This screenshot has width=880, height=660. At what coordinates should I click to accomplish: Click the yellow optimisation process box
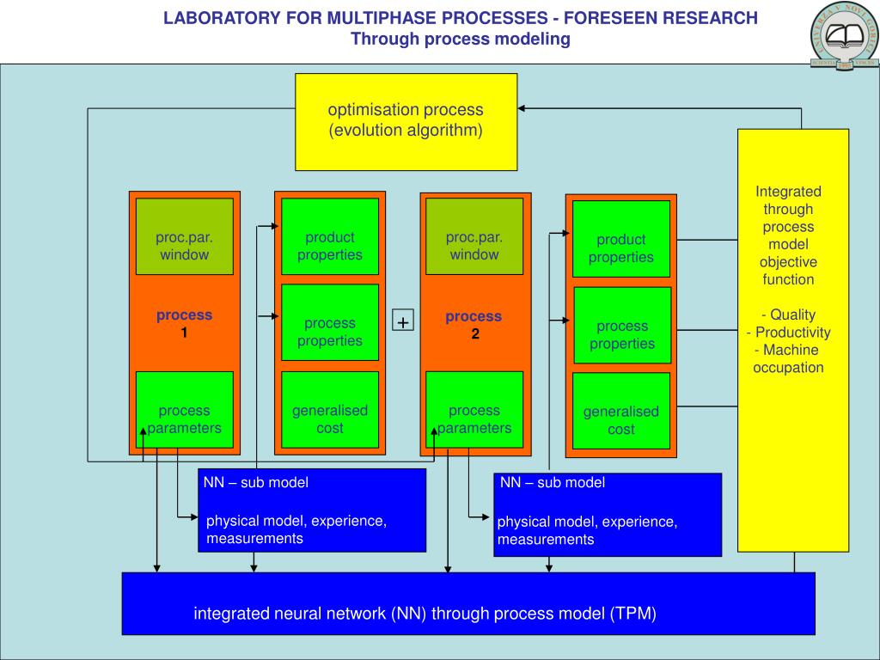point(406,121)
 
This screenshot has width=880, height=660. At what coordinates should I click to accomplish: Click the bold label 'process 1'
point(184,324)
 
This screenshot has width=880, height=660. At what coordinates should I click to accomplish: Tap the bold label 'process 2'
point(474,325)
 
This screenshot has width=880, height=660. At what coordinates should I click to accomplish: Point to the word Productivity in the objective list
point(792,333)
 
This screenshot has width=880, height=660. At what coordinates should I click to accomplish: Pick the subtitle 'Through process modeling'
point(461,39)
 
